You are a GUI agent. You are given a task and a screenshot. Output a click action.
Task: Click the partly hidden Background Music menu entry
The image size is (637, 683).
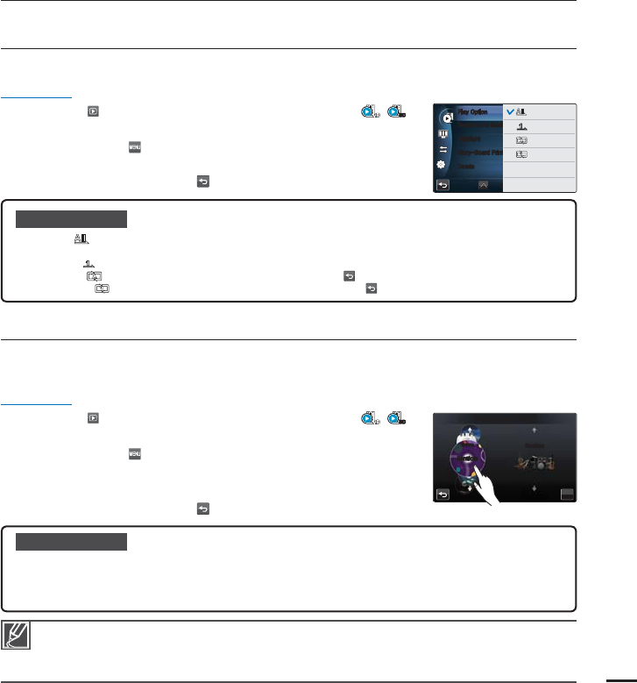pos(478,126)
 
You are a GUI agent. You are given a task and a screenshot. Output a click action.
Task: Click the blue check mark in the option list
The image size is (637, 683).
pos(512,112)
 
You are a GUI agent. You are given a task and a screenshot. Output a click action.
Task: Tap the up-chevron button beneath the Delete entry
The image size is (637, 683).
pos(482,185)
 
